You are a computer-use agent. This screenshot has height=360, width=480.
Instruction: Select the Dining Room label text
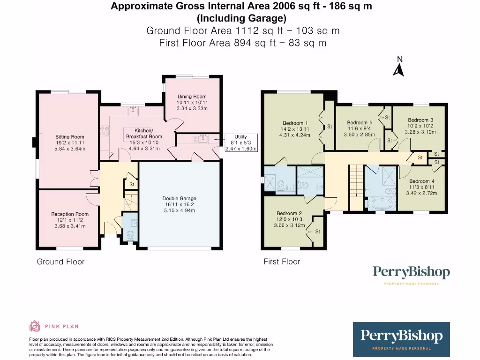[192, 97]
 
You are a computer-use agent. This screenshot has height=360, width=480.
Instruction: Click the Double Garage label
[179, 198]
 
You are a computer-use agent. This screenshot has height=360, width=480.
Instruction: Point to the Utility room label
[240, 137]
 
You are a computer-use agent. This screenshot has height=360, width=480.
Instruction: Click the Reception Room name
[70, 214]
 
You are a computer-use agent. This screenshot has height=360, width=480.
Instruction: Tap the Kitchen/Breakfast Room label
[143, 133]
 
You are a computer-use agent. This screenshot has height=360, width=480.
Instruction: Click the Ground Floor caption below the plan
[61, 262]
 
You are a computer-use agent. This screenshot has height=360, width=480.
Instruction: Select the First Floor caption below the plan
[282, 262]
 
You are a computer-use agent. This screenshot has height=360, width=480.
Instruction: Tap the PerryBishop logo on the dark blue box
[401, 337]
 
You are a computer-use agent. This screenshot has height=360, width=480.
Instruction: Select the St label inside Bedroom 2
[318, 232]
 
